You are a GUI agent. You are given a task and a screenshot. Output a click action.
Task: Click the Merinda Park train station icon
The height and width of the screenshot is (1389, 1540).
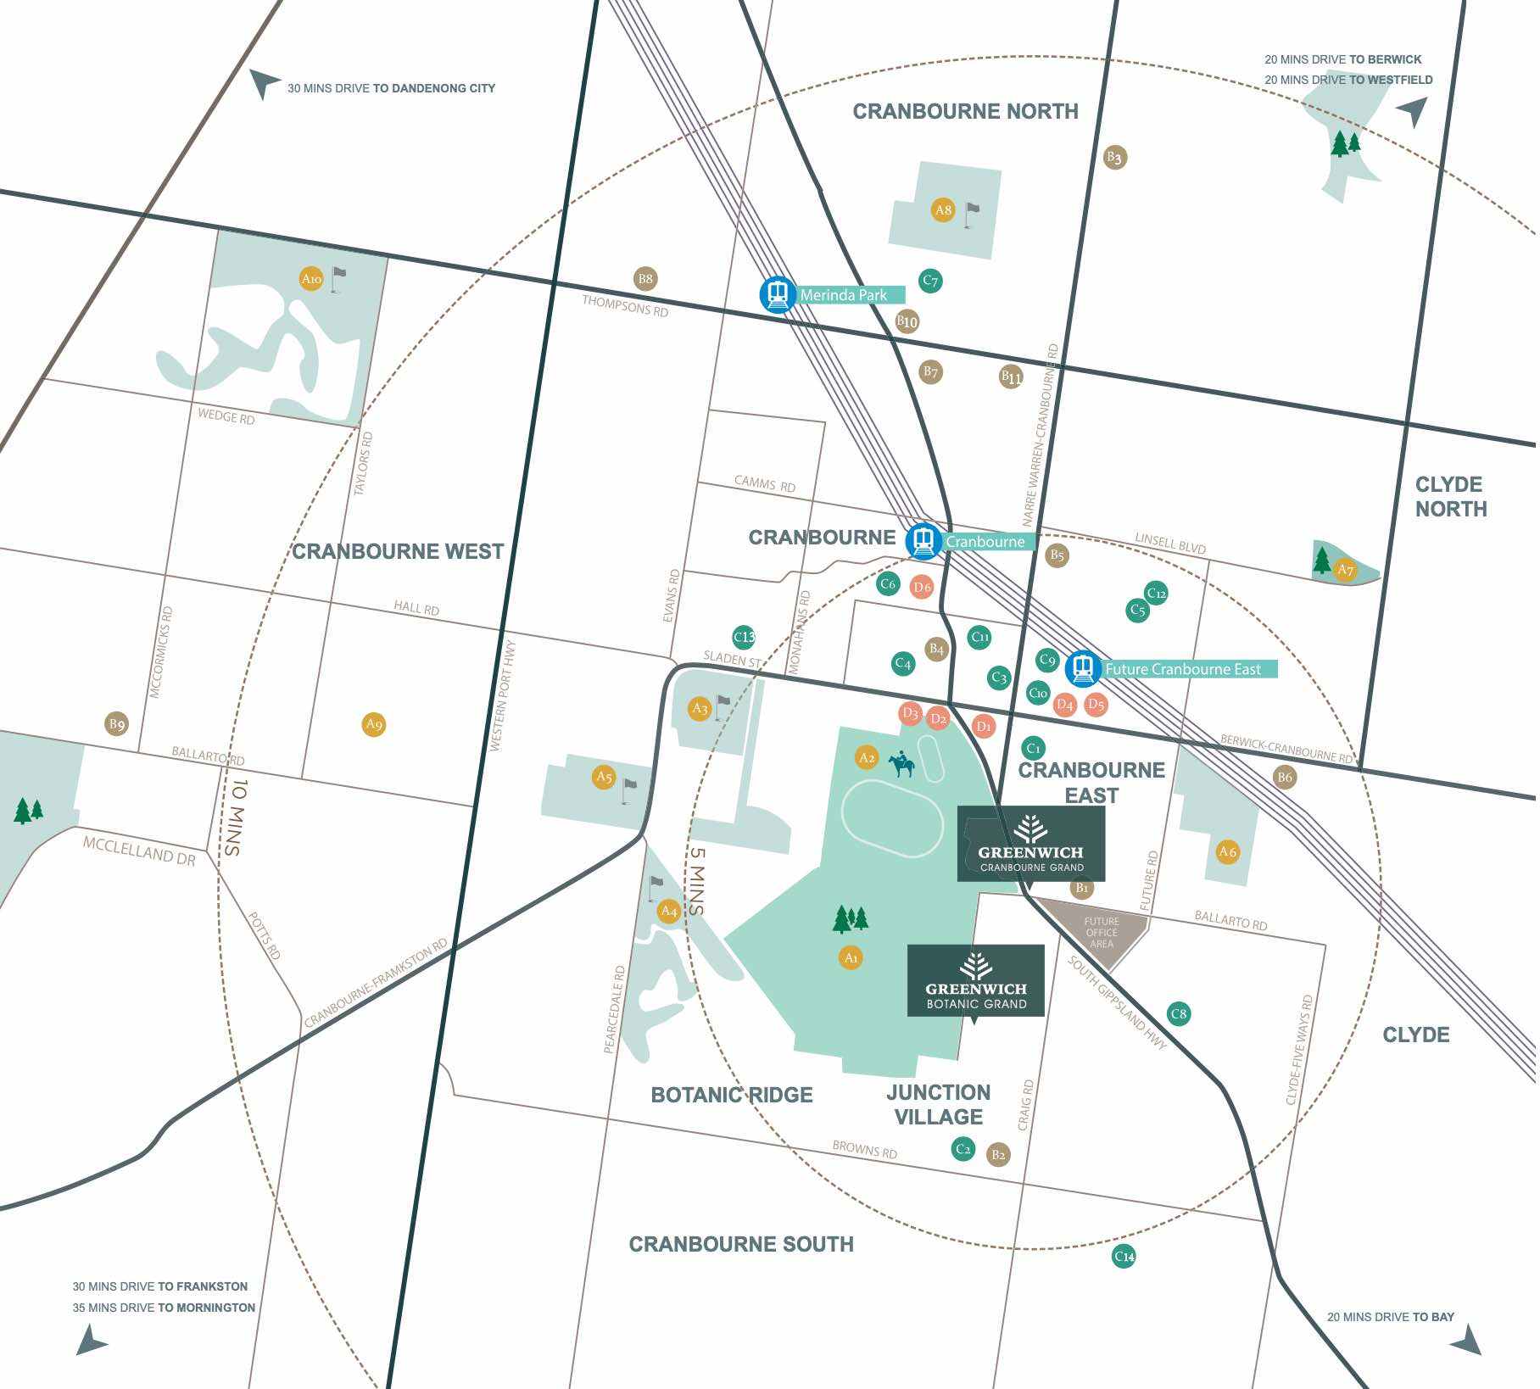point(777,295)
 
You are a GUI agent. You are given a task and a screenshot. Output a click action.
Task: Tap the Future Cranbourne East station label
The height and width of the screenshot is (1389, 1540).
point(1183,669)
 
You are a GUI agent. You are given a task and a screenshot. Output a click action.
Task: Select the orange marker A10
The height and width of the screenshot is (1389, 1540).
point(311,279)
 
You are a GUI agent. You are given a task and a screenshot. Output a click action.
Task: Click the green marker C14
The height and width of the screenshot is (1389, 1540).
point(1124,1256)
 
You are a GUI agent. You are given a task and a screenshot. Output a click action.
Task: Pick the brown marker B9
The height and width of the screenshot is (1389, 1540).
point(116,724)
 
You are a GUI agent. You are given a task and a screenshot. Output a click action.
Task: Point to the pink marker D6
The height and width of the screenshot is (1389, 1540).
point(922,587)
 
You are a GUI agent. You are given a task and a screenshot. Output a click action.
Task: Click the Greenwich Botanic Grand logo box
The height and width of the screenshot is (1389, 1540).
point(975,980)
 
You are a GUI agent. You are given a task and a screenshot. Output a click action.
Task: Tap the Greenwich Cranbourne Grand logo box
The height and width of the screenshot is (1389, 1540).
point(1030,844)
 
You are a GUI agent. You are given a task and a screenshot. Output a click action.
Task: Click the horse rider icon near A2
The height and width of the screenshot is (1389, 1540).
point(901,764)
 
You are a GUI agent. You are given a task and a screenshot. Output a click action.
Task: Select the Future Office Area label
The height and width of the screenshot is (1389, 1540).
point(1101,933)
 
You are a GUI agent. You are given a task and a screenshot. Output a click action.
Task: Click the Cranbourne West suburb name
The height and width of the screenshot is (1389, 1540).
point(398,551)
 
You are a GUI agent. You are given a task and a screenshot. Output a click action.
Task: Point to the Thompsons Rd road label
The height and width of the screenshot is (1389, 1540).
point(625,306)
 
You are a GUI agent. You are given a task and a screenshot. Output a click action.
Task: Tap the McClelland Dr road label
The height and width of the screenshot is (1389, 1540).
point(139,851)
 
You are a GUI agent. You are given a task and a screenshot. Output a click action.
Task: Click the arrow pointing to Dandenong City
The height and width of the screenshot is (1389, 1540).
point(264,83)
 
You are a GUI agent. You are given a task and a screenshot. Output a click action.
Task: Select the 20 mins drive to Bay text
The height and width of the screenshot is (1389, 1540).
point(1390,1317)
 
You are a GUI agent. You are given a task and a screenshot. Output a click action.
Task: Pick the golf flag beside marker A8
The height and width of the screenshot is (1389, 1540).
point(972,213)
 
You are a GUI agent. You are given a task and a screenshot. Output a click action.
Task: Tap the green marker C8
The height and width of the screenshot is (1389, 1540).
point(1178,1013)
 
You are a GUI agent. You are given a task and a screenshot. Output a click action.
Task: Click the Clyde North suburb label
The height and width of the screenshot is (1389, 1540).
point(1450,497)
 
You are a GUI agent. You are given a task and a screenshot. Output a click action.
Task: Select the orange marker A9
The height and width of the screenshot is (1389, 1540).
point(374,724)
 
